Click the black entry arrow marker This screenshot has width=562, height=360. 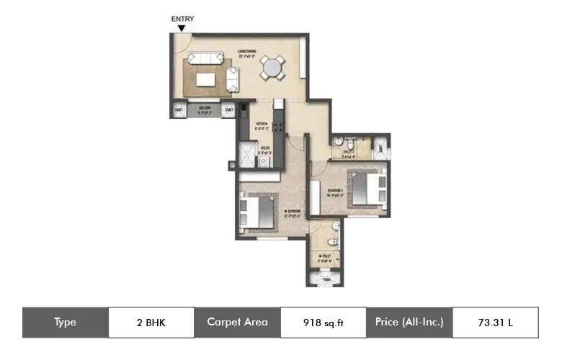click(x=182, y=28)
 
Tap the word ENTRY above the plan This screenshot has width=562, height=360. click(x=182, y=19)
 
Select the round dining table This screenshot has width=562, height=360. click(x=272, y=68)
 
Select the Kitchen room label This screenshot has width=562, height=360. click(x=261, y=125)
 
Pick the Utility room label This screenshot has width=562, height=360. click(x=264, y=150)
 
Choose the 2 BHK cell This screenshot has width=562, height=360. click(x=151, y=323)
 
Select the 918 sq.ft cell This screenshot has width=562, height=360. click(x=324, y=323)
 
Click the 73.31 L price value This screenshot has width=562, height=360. click(x=495, y=323)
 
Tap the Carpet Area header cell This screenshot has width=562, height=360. click(x=237, y=323)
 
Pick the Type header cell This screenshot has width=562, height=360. click(x=65, y=323)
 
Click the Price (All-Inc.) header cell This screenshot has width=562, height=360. click(x=409, y=323)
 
